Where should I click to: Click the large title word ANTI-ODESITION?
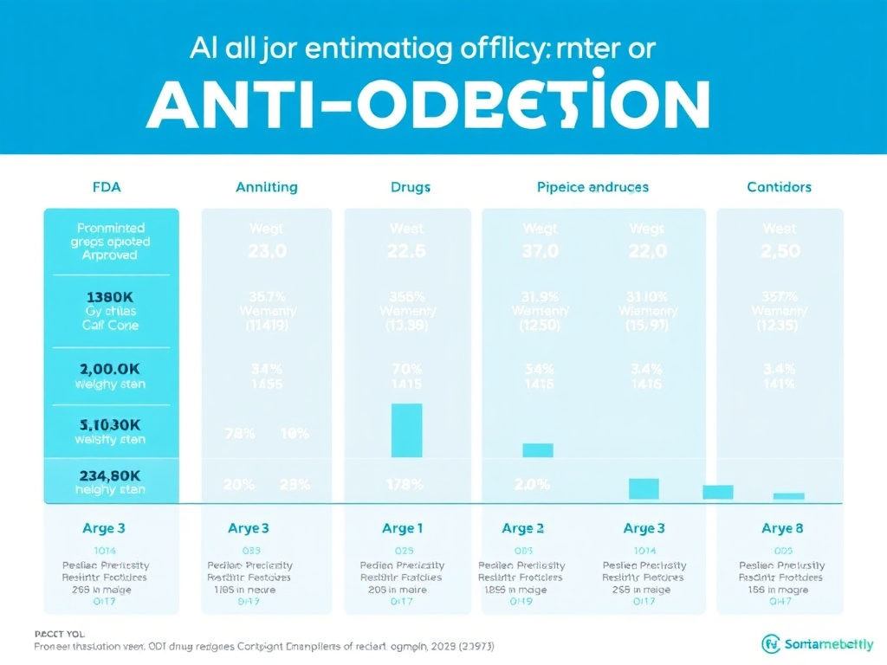pyautogui.click(x=428, y=105)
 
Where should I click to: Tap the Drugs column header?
pyautogui.click(x=410, y=187)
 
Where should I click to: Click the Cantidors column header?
pyautogui.click(x=779, y=187)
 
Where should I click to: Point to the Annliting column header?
pyautogui.click(x=266, y=187)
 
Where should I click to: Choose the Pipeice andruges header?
pyautogui.click(x=592, y=187)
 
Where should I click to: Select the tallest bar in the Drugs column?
pyautogui.click(x=407, y=430)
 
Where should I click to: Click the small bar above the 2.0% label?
pyautogui.click(x=538, y=450)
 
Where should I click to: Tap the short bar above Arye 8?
pyautogui.click(x=788, y=496)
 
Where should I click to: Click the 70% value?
pyautogui.click(x=407, y=367)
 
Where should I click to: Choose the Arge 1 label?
pyautogui.click(x=403, y=528)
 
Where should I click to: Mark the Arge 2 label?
pyautogui.click(x=523, y=528)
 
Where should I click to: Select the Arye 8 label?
pyautogui.click(x=777, y=528)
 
